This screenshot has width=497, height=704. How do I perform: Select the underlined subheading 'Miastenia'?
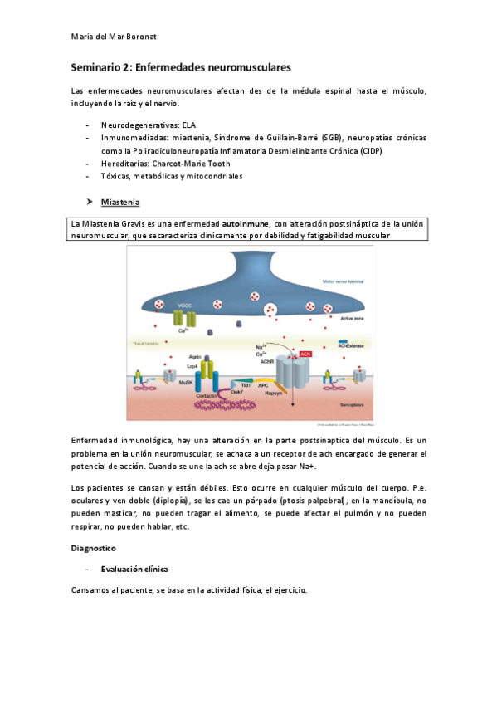click(x=120, y=202)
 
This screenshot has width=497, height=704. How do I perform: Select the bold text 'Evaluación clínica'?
click(x=134, y=570)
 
